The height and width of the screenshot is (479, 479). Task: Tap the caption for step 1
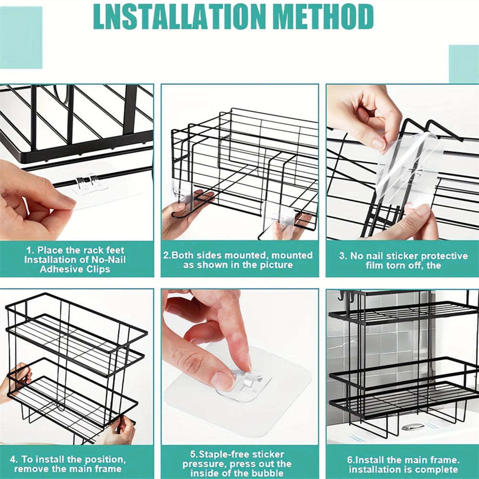point(75,260)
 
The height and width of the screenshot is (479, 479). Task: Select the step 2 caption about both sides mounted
point(238,260)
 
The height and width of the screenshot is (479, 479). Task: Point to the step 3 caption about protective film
point(403,260)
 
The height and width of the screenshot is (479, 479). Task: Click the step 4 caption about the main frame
point(68,464)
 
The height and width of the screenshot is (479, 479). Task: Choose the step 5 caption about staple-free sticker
point(237,464)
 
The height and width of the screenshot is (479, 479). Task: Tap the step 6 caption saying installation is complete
point(403,464)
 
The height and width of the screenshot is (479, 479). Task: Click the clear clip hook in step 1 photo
point(87,183)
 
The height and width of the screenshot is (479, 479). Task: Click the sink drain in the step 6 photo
point(412,427)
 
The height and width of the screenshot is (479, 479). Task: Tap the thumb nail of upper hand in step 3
point(379,144)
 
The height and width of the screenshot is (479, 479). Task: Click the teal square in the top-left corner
point(21,37)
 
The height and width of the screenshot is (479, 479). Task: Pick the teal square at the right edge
point(464,64)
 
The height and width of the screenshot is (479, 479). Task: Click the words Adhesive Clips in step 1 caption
point(75,269)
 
